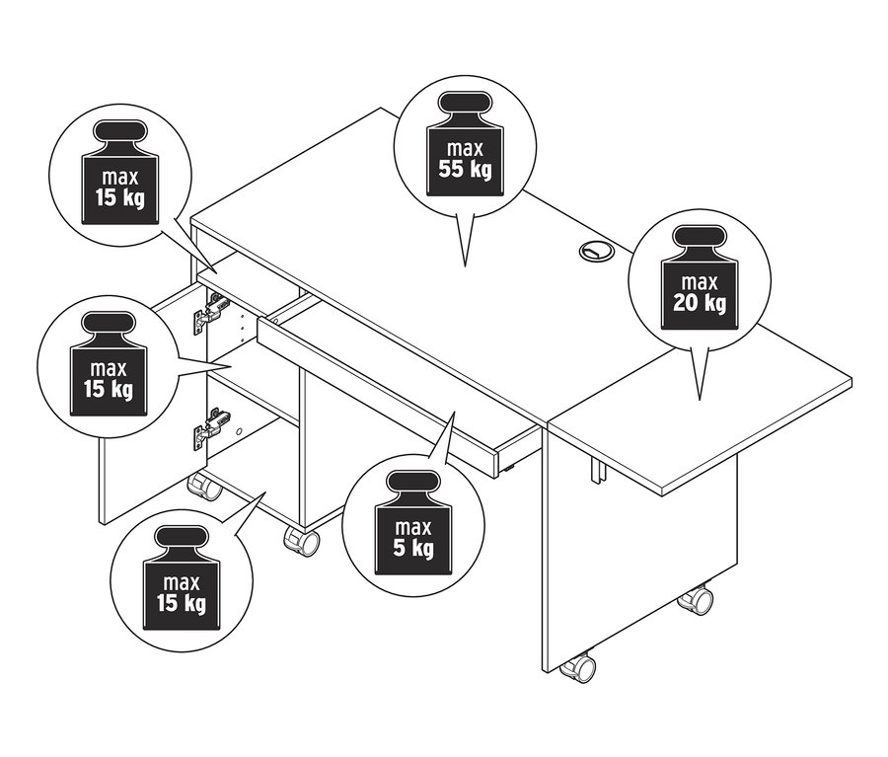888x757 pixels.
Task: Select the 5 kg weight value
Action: [412, 547]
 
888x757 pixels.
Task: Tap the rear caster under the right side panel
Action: [697, 599]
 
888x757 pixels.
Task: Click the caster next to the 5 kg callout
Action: [302, 541]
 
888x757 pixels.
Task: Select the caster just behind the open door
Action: [205, 486]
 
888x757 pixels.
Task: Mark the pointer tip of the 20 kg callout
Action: [700, 399]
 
